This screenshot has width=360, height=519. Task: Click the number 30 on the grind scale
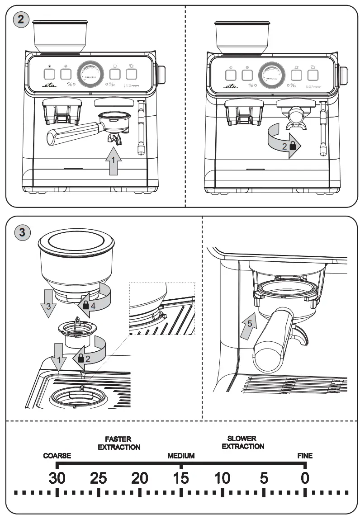tap(57, 478)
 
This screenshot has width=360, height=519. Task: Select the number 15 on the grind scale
tap(181, 478)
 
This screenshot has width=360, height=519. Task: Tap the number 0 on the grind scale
tap(305, 478)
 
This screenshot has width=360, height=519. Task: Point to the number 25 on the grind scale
tap(98, 478)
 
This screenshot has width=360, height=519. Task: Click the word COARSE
tap(57, 456)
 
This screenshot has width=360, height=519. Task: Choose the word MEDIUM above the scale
tap(181, 456)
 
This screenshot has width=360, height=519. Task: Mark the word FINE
tap(305, 456)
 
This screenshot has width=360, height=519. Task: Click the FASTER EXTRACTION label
tap(118, 443)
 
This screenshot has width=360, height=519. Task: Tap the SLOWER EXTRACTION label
tap(242, 442)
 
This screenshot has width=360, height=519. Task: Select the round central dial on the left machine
tap(90, 74)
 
